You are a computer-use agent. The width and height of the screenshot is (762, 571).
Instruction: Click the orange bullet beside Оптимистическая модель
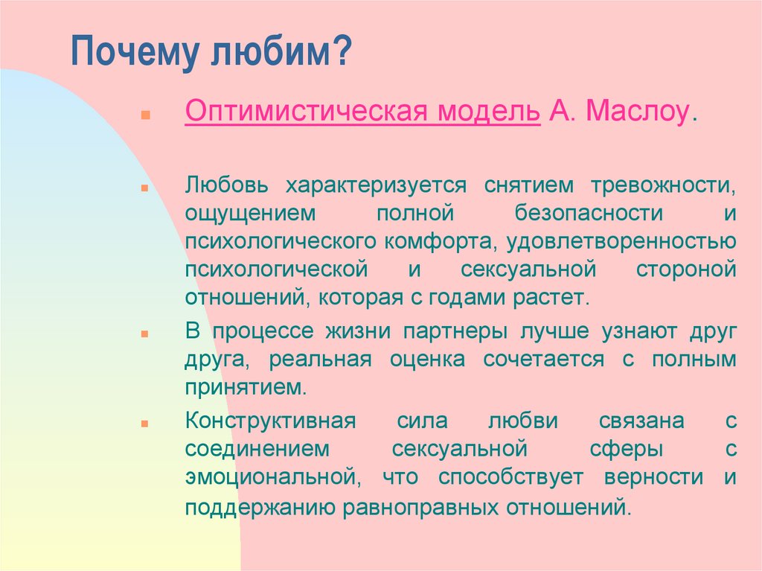click(145, 115)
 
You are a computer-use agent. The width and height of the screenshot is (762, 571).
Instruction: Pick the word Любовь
click(226, 185)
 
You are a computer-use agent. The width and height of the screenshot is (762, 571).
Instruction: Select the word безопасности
click(589, 214)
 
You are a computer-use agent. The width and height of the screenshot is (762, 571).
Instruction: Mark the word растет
click(551, 298)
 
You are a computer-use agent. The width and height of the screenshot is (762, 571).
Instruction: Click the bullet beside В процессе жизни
click(145, 334)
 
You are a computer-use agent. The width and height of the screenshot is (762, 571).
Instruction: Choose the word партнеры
click(455, 332)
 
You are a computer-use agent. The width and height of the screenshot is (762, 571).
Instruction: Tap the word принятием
click(246, 388)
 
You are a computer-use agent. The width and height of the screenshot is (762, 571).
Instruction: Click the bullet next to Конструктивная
click(145, 424)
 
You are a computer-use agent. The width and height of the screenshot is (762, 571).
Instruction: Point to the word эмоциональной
click(273, 477)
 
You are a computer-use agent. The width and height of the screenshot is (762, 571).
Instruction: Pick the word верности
click(653, 477)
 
